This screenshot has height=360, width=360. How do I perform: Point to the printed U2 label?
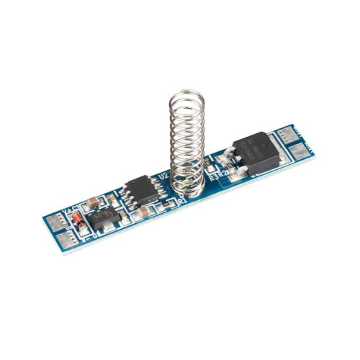click(x=163, y=174)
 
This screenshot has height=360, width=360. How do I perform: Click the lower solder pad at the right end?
click(x=303, y=152)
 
